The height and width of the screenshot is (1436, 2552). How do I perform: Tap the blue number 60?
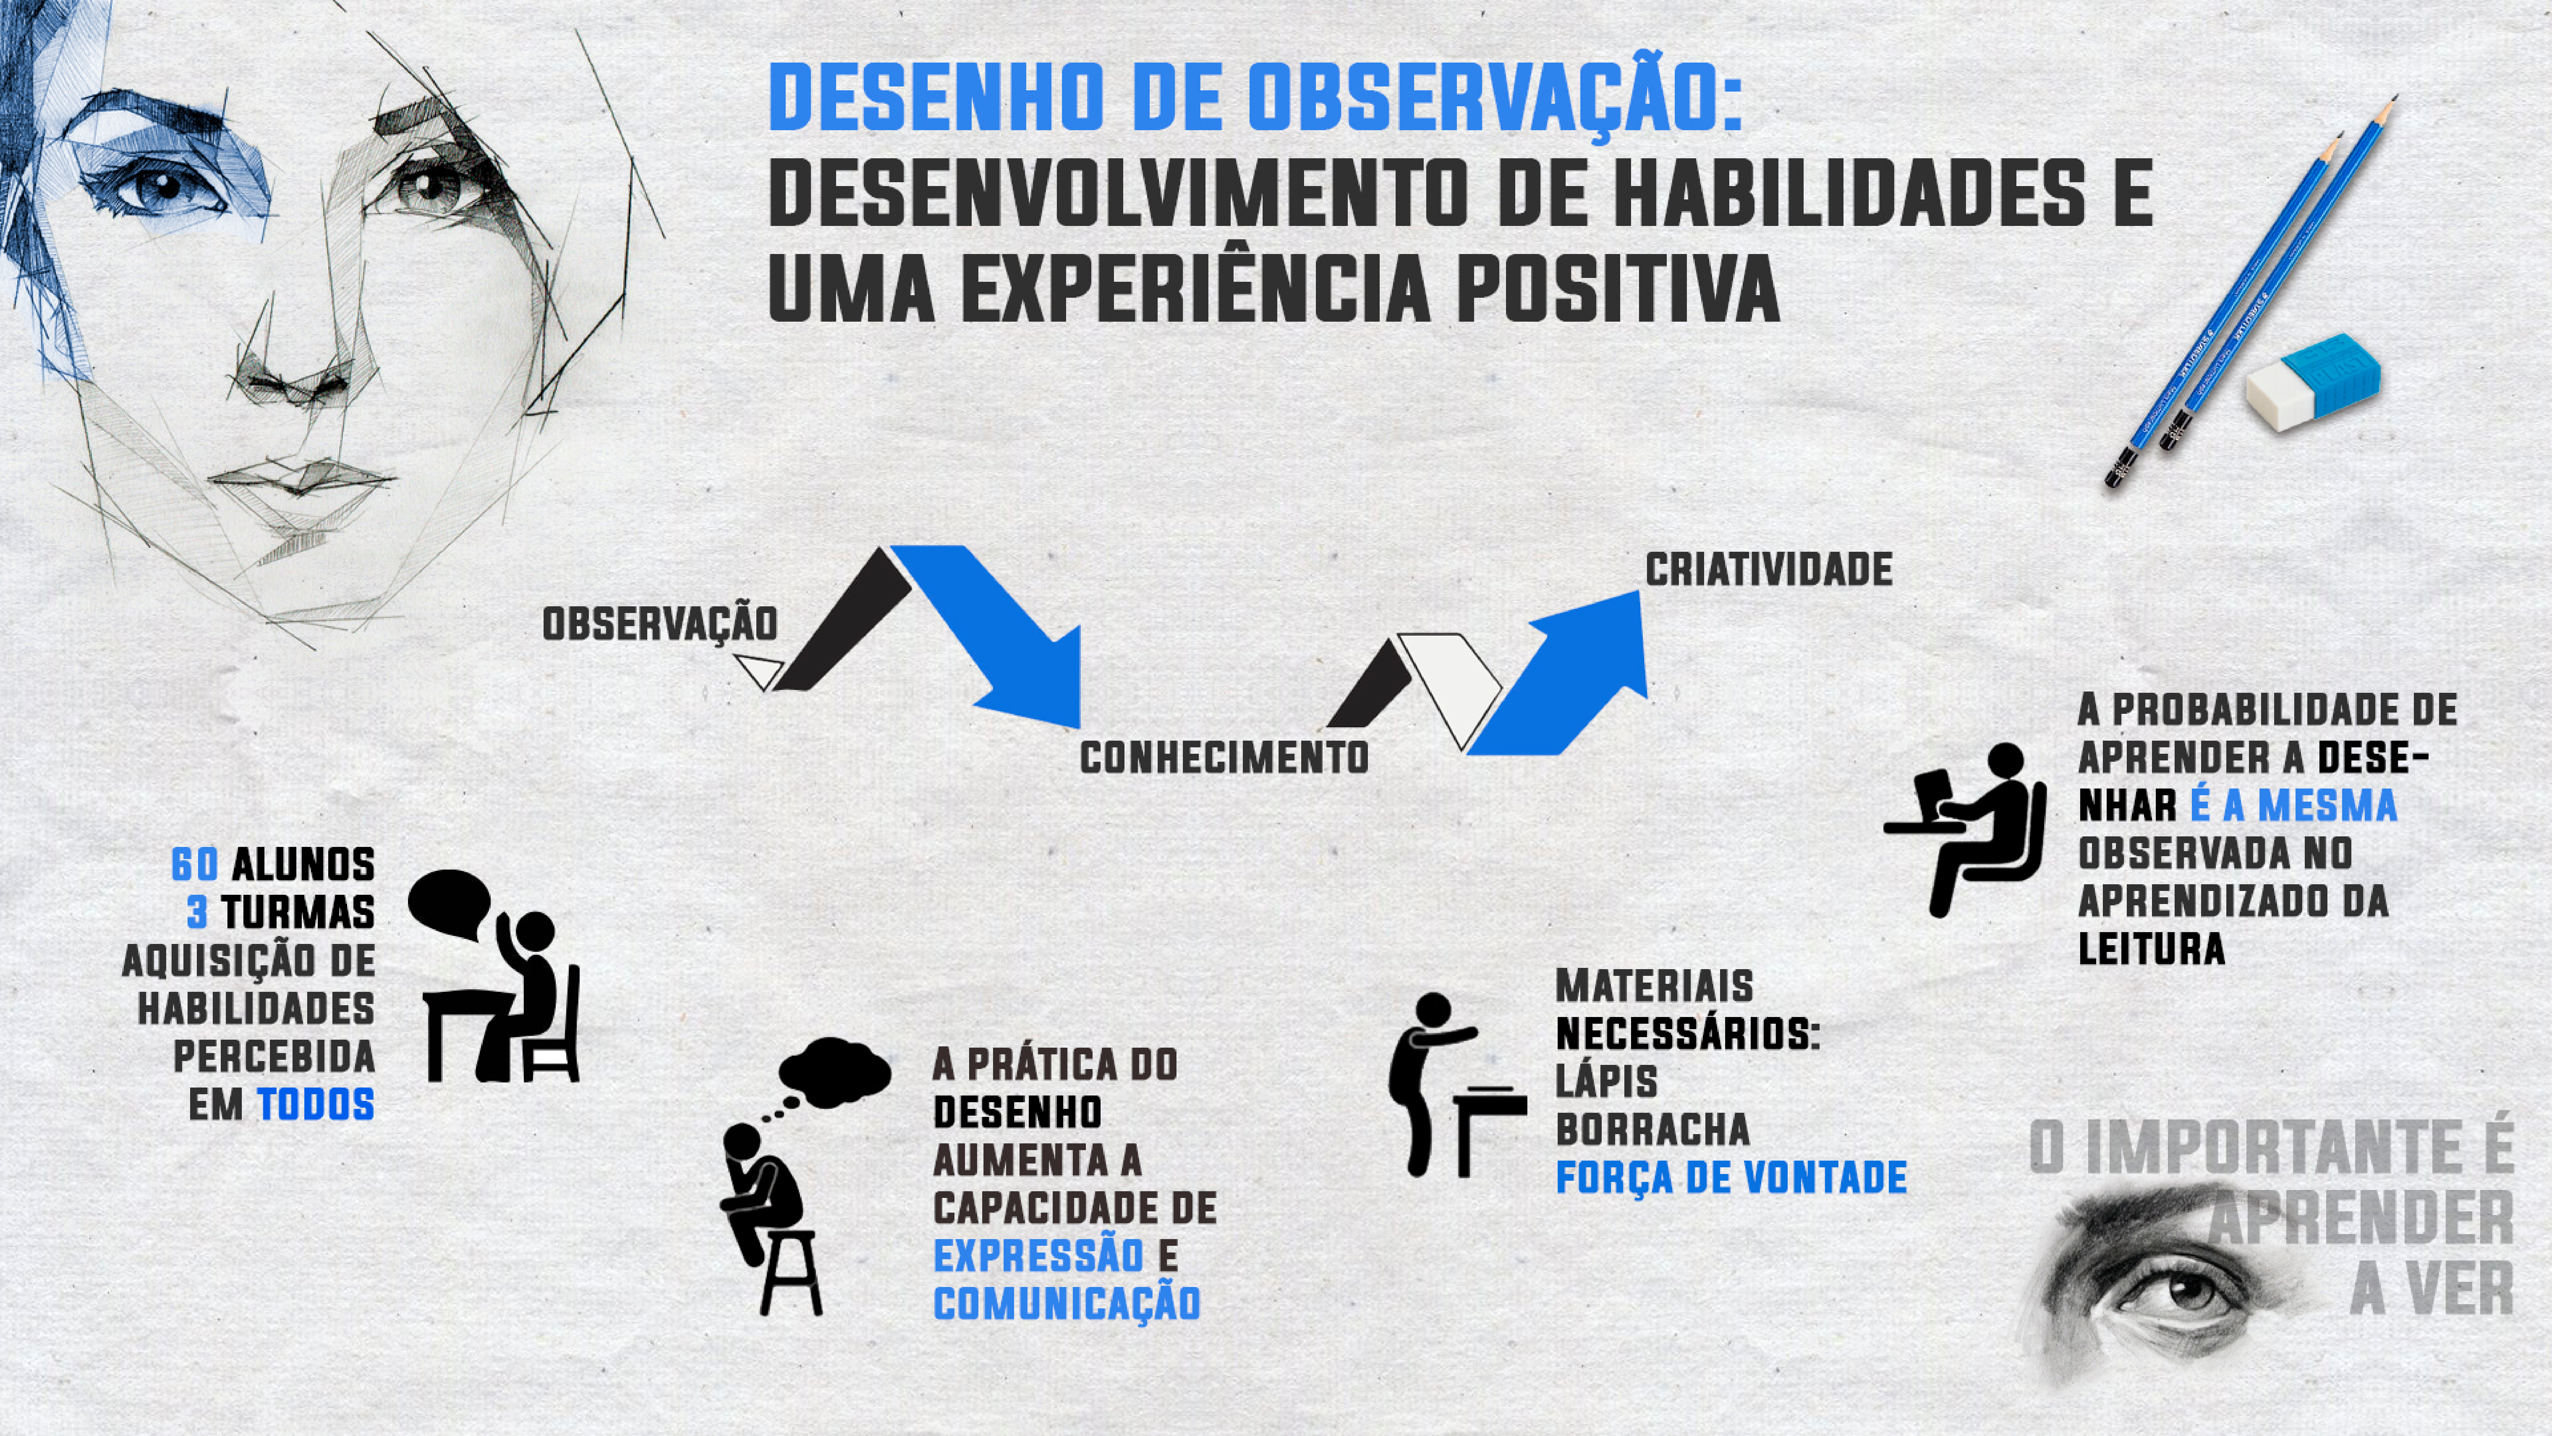click(195, 864)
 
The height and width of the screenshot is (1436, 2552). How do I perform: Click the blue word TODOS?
click(316, 1104)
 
